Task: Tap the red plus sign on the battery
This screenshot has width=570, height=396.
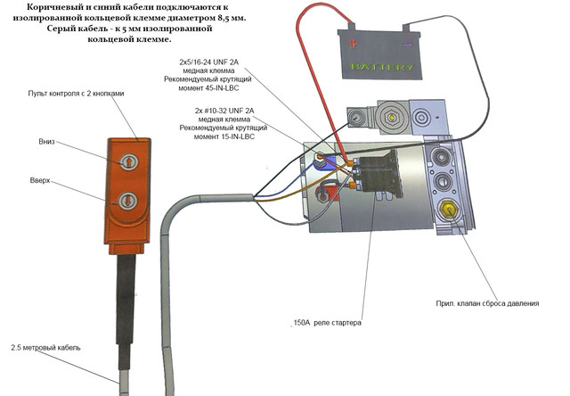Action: [x=355, y=42]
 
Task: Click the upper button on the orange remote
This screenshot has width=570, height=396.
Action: [x=129, y=161]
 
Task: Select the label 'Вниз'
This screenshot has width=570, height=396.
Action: [x=46, y=141]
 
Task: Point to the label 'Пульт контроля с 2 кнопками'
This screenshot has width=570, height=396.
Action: [x=82, y=94]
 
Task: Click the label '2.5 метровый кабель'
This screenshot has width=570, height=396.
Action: [x=45, y=347]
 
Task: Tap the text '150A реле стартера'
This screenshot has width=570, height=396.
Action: [x=328, y=322]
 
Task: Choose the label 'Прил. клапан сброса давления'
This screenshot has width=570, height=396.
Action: [x=487, y=303]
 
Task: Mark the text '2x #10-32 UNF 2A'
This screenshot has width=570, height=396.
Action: [x=217, y=111]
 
